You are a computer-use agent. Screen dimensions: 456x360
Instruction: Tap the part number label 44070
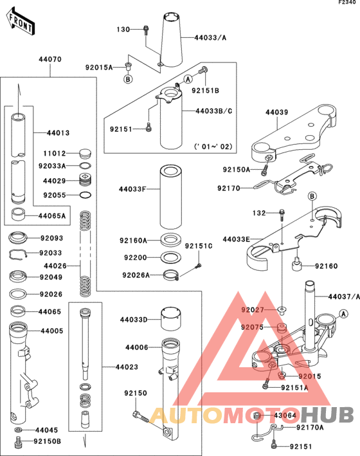click(51, 59)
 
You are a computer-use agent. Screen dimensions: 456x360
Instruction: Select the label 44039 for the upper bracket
click(277, 113)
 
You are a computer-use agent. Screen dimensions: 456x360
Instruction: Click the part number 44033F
click(133, 190)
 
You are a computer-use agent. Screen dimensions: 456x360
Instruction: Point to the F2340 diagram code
click(347, 4)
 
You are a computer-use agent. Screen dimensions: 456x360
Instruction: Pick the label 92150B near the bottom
click(48, 441)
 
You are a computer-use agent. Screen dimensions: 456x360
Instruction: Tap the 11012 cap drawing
click(85, 153)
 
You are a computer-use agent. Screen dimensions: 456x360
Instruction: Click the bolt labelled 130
click(147, 30)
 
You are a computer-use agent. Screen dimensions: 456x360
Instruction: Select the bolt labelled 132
click(283, 213)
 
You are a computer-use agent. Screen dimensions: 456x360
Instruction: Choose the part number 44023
click(125, 368)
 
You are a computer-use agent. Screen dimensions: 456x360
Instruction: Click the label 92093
click(51, 238)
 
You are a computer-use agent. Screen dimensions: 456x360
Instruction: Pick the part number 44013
click(58, 133)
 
